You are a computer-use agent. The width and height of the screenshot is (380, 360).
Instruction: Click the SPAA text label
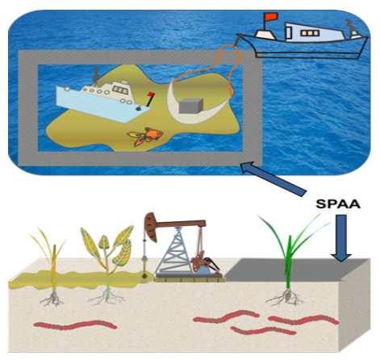pyautogui.click(x=338, y=204)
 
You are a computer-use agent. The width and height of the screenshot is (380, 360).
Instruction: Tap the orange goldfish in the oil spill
pyautogui.click(x=145, y=136)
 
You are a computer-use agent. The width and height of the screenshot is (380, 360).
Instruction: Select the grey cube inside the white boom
pyautogui.click(x=191, y=106)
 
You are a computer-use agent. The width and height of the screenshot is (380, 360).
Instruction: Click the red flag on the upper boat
pyautogui.click(x=271, y=17)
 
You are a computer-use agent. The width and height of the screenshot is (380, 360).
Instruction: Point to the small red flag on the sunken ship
pyautogui.click(x=151, y=94)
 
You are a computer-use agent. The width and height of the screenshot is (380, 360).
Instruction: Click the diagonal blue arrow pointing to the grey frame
pyautogui.click(x=274, y=178)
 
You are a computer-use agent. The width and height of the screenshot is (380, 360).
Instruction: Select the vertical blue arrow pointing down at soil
pyautogui.click(x=341, y=238)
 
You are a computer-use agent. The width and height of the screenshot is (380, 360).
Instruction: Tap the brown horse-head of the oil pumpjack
pyautogui.click(x=151, y=227)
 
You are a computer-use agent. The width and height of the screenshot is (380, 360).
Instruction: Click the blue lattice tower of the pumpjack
pyautogui.click(x=176, y=251)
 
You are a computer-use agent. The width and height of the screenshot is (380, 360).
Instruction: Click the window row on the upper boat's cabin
pyautogui.click(x=310, y=33)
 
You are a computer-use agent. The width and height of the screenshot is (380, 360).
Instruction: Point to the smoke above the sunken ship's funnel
pyautogui.click(x=95, y=74)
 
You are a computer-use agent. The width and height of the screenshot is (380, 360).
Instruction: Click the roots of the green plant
pyautogui.click(x=286, y=297)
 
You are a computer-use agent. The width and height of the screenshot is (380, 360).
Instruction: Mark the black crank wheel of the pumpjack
pyautogui.click(x=211, y=265)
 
